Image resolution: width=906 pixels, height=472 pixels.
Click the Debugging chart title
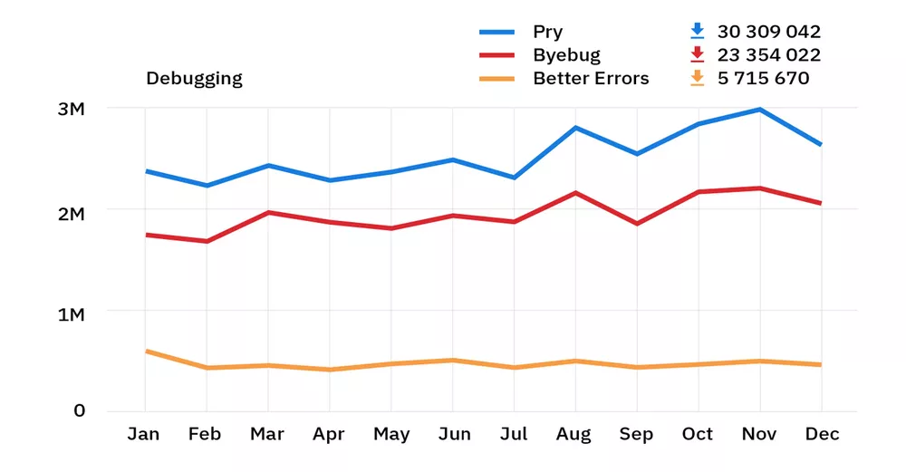coord(194,79)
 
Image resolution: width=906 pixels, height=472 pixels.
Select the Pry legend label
coord(547,32)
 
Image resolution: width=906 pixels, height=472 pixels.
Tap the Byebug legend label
coord(566,55)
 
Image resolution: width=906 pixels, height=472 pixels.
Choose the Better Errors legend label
coord(591,79)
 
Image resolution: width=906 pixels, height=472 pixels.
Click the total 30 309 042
coord(768,32)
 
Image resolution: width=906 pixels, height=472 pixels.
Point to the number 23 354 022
coord(768,55)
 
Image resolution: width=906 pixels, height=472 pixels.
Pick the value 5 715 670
coord(763,79)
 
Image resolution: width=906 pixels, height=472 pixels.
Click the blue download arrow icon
coord(697,31)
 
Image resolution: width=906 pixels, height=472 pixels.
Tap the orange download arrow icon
coord(697,78)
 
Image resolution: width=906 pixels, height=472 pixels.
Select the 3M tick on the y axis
coord(71,110)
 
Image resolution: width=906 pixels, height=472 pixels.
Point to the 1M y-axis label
coord(71,314)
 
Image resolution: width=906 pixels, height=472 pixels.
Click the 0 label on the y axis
coord(80,410)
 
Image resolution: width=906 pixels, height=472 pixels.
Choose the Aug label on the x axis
coord(574,435)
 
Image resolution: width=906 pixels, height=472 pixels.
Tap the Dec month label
coord(822,435)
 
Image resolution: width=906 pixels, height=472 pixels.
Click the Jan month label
coord(143,435)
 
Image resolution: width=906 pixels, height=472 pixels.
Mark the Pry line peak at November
coord(759,110)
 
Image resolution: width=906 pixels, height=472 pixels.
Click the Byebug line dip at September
coord(636,223)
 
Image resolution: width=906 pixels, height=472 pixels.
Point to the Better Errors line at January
coord(146,351)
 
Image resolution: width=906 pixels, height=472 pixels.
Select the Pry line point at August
coord(574,128)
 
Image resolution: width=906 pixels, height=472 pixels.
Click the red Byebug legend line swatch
coord(496,55)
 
